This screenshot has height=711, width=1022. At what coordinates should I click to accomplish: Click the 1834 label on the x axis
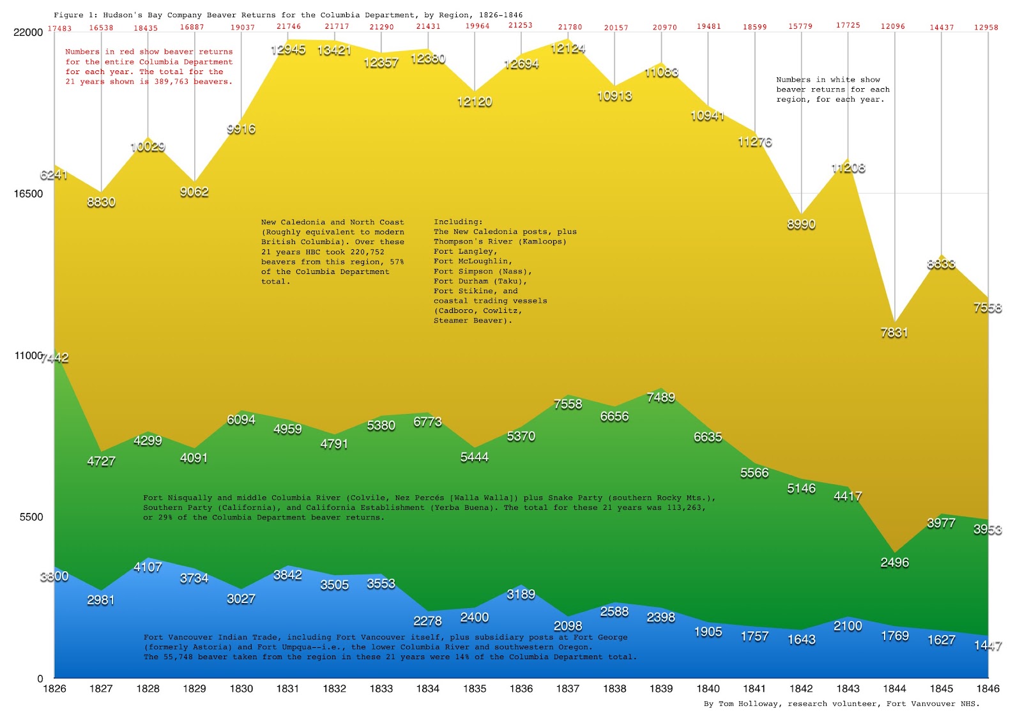click(x=427, y=689)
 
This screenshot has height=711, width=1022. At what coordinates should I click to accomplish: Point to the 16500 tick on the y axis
click(x=28, y=194)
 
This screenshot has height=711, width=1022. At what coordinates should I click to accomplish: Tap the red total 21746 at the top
click(x=289, y=27)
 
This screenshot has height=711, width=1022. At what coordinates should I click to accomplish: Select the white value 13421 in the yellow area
click(x=334, y=50)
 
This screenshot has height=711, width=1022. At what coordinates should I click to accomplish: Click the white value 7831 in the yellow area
click(x=894, y=332)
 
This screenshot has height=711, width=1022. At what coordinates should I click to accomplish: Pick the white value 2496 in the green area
click(x=894, y=562)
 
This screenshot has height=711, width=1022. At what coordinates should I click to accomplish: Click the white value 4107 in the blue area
click(x=148, y=567)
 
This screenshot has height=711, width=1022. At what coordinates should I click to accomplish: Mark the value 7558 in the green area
click(x=568, y=404)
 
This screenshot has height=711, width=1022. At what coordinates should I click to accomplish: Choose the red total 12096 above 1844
click(x=892, y=27)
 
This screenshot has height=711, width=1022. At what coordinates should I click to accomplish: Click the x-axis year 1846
click(x=988, y=689)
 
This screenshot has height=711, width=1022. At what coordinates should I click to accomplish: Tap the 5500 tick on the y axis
click(x=31, y=517)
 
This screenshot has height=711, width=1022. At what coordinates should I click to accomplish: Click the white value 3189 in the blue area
click(x=521, y=594)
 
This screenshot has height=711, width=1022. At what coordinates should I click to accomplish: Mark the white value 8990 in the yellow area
click(x=801, y=224)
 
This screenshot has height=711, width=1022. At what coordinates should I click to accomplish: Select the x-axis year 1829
click(x=194, y=689)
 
